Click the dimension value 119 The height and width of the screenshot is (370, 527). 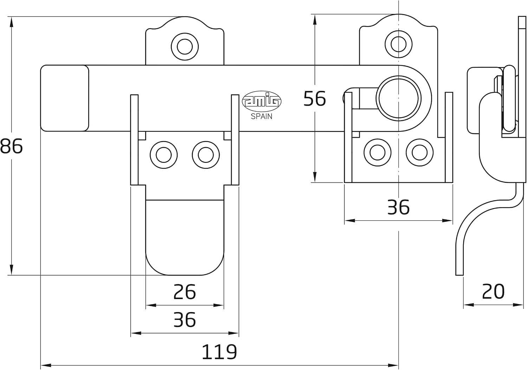219,352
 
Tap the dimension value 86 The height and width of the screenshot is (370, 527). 11,146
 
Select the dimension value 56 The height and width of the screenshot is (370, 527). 314,99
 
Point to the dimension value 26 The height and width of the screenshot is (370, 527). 184,292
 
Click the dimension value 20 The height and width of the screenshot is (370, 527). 493,291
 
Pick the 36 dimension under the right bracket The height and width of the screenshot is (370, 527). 398,207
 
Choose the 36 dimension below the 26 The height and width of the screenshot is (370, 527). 184,319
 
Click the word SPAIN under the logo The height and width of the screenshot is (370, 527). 261,116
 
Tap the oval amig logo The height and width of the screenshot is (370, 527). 262,101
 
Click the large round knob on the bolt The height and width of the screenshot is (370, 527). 398,99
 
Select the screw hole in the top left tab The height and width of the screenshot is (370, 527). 185,47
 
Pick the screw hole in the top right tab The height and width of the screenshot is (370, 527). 398,44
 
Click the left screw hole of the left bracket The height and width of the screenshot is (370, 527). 163,155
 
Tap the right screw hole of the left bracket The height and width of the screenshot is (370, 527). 206,155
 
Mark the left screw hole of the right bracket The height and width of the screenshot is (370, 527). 377,152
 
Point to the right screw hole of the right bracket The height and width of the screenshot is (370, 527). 419,152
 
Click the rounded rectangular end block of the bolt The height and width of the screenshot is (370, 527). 65,98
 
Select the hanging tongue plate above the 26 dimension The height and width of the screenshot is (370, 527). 185,237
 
